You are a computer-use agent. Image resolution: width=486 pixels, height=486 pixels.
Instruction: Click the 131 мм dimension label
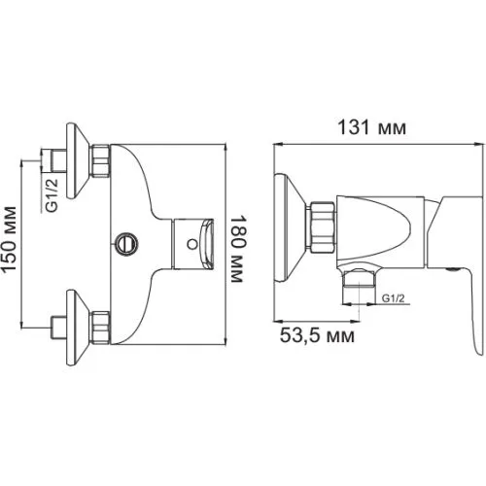[x=371, y=127]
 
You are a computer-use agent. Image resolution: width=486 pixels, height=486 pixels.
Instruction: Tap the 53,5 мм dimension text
[x=317, y=335]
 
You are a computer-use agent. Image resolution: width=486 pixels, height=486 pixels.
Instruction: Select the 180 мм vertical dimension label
[x=237, y=249]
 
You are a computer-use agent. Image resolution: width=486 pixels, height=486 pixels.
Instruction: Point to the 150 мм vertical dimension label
[x=9, y=239]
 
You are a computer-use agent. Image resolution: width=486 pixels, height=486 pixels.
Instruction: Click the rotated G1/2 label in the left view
[x=52, y=195]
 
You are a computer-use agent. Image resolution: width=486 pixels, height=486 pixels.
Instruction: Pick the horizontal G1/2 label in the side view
[x=394, y=297]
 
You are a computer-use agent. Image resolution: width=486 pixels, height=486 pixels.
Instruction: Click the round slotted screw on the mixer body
[x=126, y=244]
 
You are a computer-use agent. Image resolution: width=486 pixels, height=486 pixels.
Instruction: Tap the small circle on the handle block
[x=191, y=244]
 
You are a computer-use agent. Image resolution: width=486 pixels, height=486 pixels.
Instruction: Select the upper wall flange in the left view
[x=78, y=160]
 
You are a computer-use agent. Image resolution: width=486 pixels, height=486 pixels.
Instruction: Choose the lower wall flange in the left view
[x=78, y=328]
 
